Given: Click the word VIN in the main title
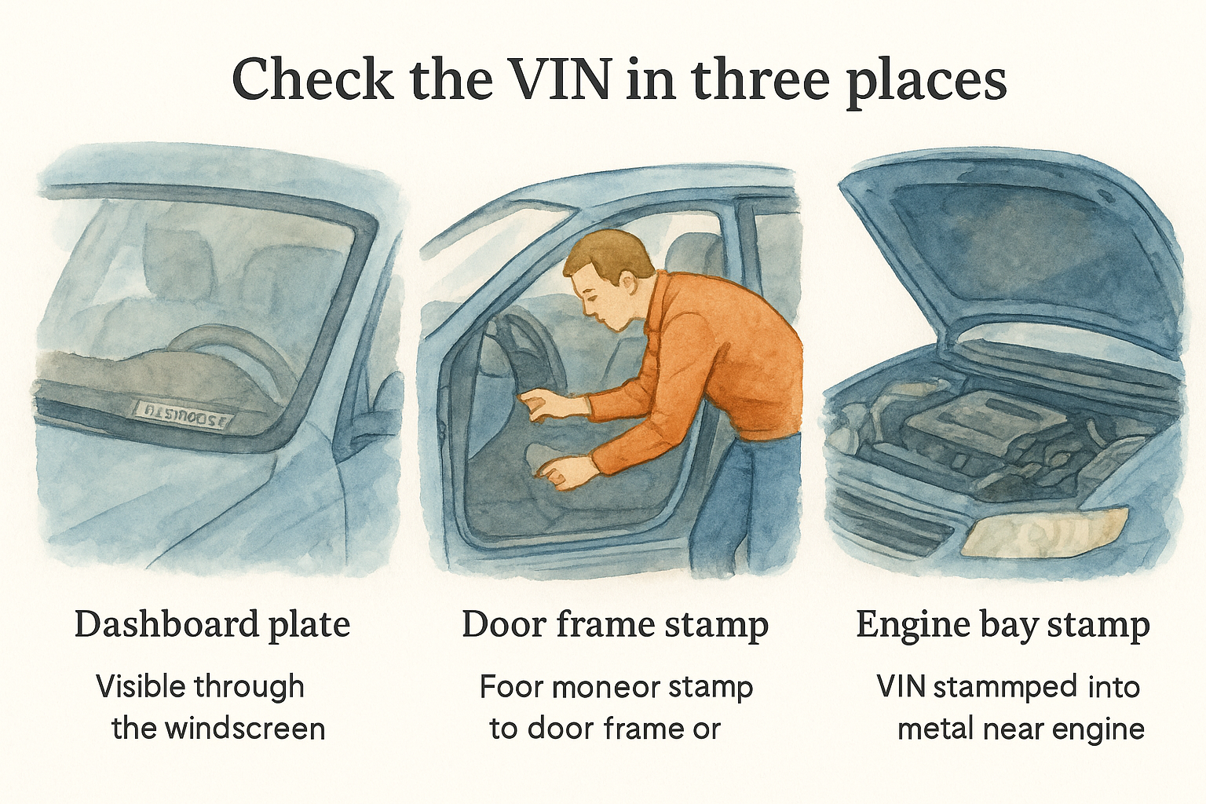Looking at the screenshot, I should point(563,79).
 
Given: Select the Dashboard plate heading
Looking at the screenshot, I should point(212,625).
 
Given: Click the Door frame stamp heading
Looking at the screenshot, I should point(615,625).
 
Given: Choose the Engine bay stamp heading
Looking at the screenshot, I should point(1003,625).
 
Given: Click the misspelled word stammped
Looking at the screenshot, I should point(1006,687).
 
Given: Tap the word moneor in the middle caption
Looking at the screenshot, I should point(605,687).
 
